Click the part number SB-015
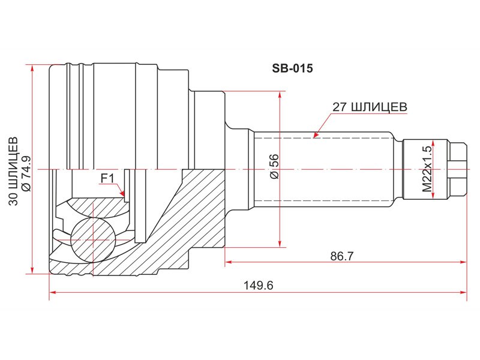click(x=292, y=68)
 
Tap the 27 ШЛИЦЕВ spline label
click(x=370, y=107)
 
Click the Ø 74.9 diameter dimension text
click(x=26, y=173)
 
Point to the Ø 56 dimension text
click(x=274, y=167)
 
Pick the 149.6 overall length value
click(x=258, y=286)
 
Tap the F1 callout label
click(x=107, y=178)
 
